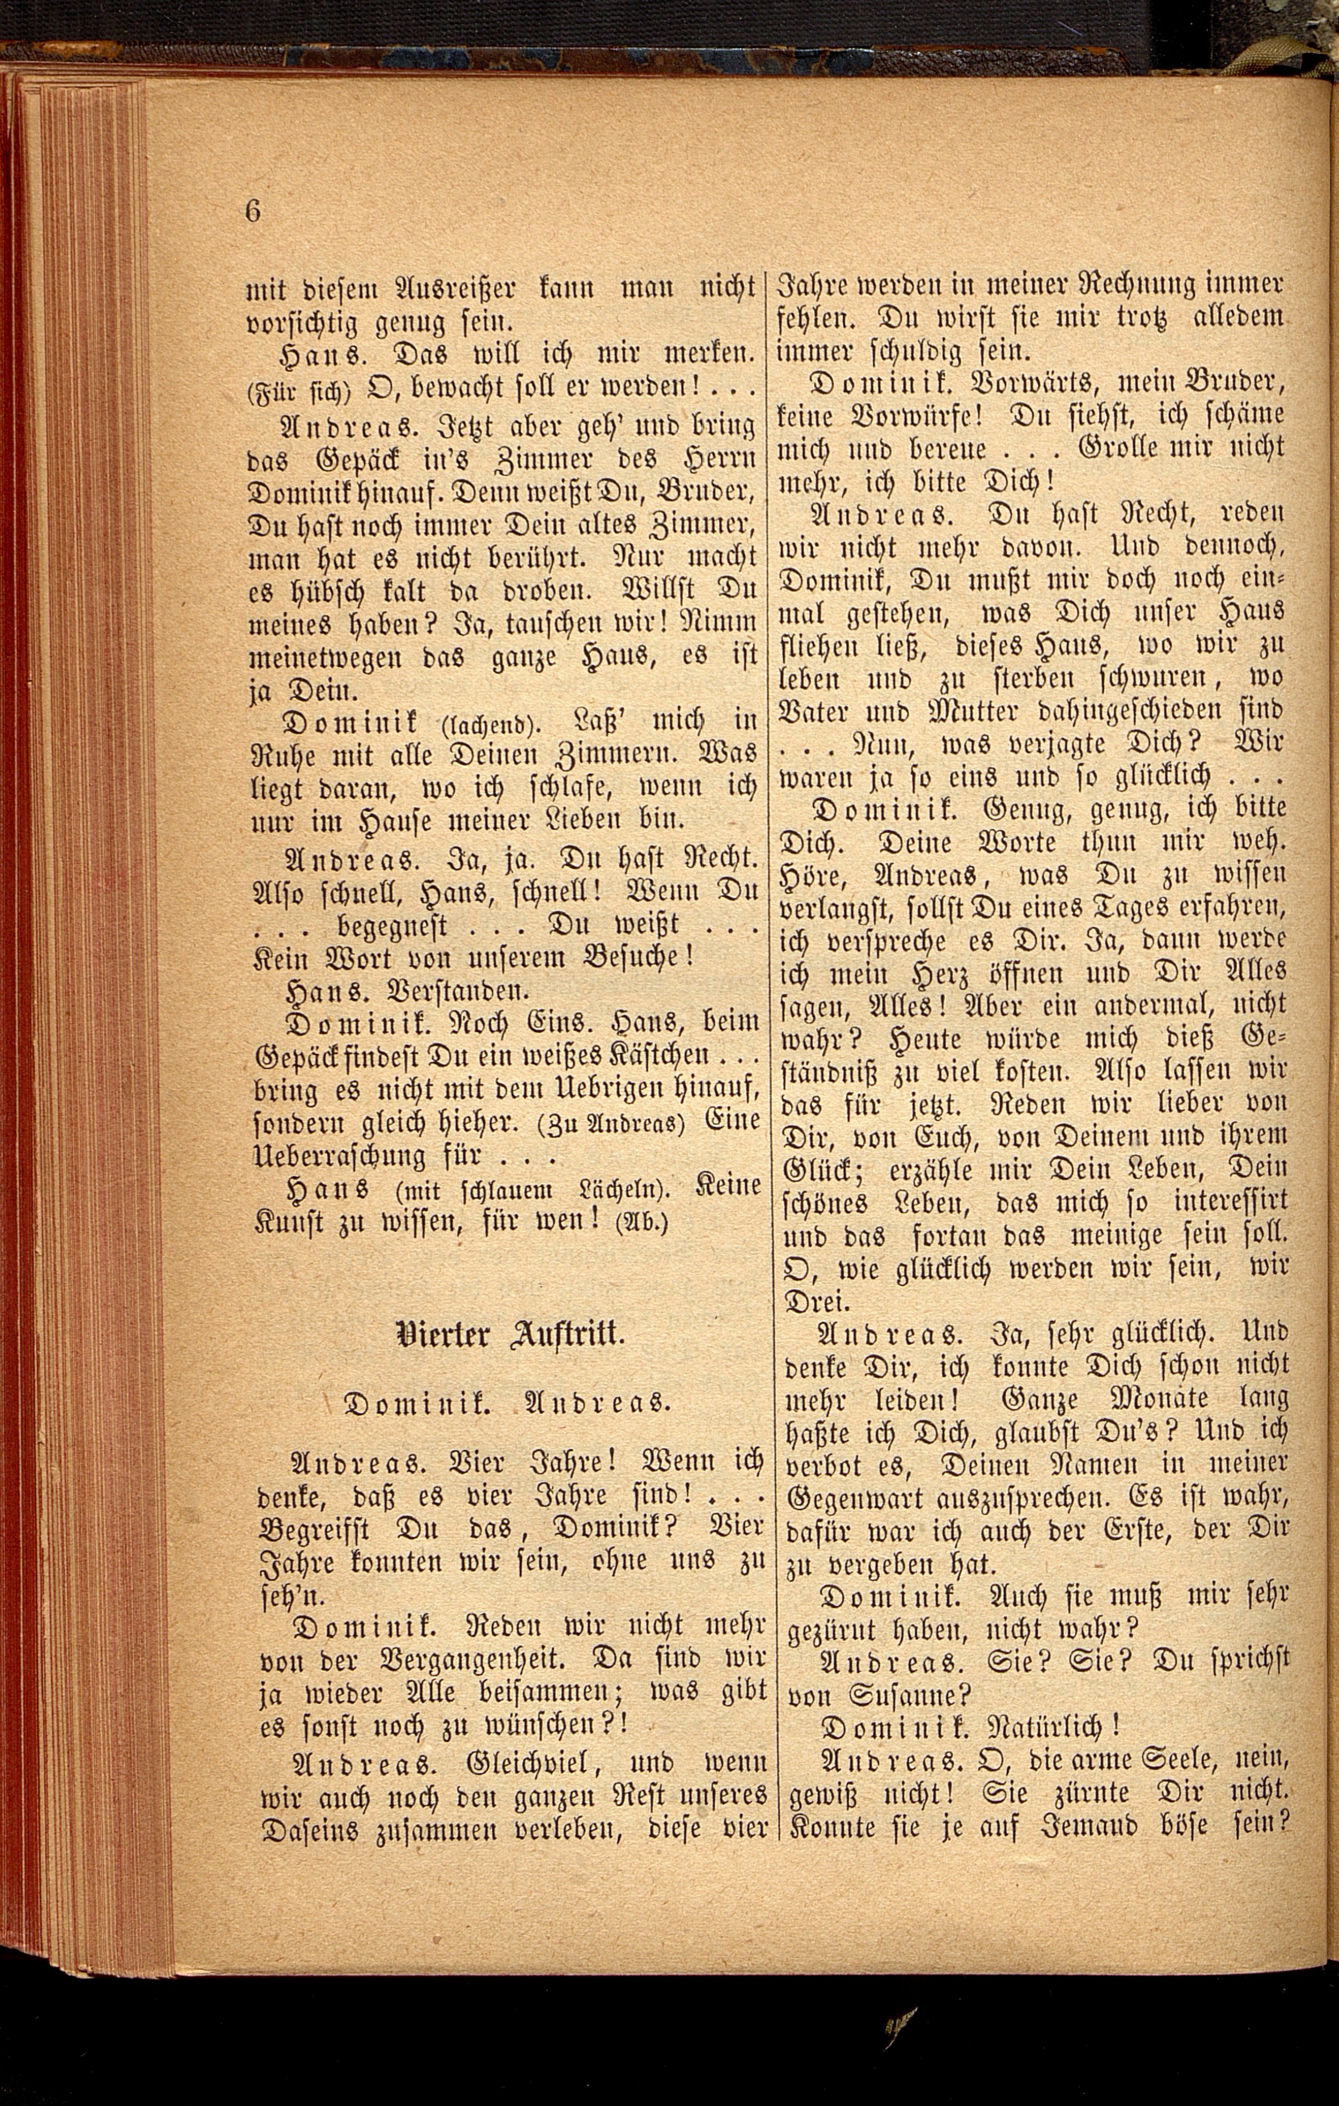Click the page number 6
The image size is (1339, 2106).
pyautogui.click(x=254, y=211)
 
